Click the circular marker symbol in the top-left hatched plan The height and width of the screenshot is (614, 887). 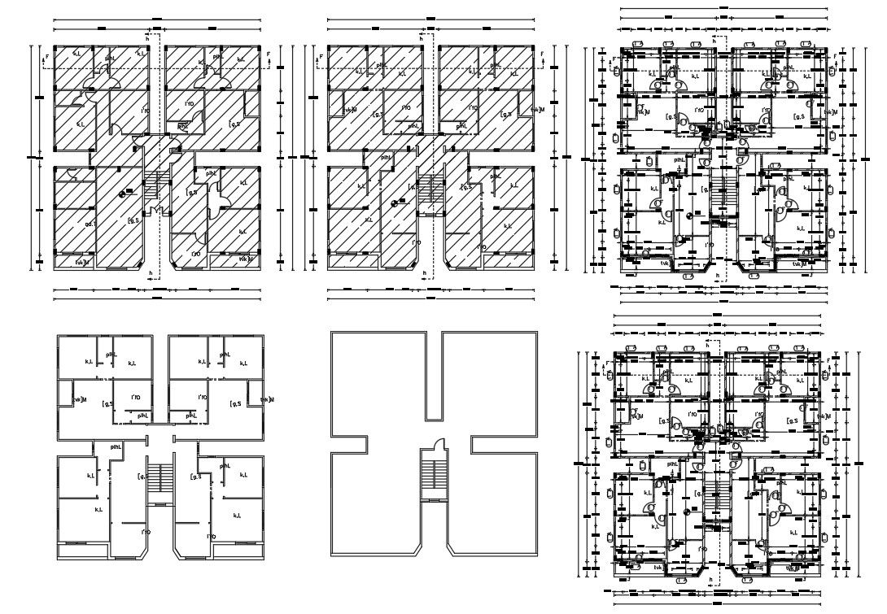click(x=123, y=193)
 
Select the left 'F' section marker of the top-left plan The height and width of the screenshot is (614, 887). click(x=47, y=56)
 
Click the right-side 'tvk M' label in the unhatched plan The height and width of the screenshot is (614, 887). click(x=266, y=399)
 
